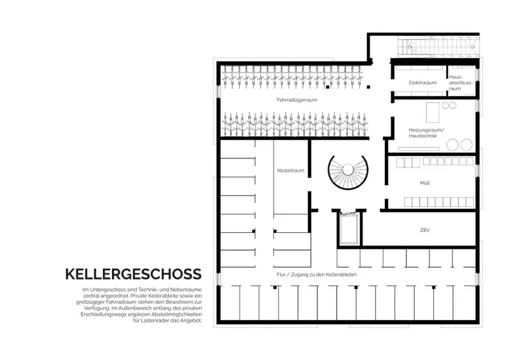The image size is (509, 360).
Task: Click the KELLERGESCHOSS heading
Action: coord(134,274)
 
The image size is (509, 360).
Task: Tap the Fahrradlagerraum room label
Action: coord(297,100)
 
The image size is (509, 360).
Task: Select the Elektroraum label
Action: coord(422,83)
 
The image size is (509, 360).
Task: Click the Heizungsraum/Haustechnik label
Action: coord(426,133)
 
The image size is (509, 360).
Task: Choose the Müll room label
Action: coord(425,183)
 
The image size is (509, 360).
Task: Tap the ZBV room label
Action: coord(425,230)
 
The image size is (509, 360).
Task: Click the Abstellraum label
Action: coord(291,170)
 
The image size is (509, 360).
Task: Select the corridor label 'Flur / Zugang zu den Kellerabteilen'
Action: coord(317,275)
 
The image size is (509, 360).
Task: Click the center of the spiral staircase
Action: coord(347,169)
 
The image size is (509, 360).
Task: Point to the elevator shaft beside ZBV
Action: coord(349,229)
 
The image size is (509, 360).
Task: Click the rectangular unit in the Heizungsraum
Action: coord(433,113)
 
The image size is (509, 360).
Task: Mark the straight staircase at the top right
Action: coord(438,47)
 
